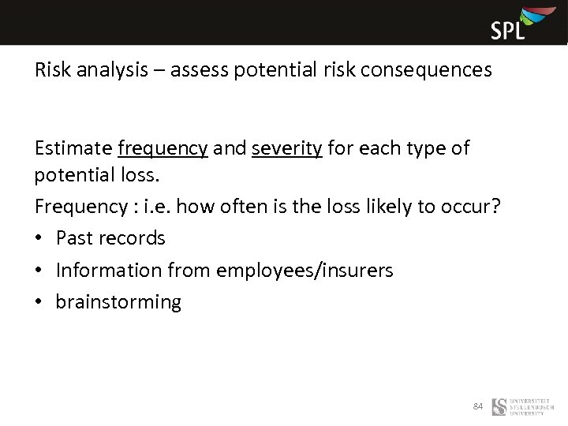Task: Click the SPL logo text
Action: click(x=508, y=30)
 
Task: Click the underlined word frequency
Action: click(x=163, y=148)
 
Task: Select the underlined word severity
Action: click(x=287, y=148)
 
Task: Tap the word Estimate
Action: click(x=73, y=148)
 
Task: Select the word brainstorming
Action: click(x=118, y=302)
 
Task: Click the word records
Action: click(x=136, y=238)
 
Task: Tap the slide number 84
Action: click(x=477, y=406)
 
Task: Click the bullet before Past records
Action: click(x=39, y=238)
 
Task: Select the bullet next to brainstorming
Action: click(x=39, y=302)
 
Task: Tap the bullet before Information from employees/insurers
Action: click(x=39, y=271)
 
